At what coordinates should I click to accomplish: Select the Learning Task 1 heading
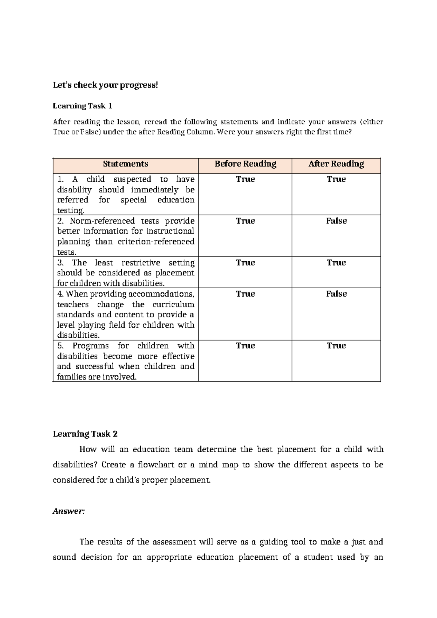pyautogui.click(x=82, y=106)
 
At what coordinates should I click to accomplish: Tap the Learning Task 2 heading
pyautogui.click(x=85, y=434)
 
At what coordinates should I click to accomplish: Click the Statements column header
pyautogui.click(x=125, y=164)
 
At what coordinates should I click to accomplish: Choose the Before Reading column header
pyautogui.click(x=245, y=164)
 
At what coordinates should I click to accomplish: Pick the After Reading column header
pyautogui.click(x=336, y=164)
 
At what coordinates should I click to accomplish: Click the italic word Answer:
pyautogui.click(x=68, y=511)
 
